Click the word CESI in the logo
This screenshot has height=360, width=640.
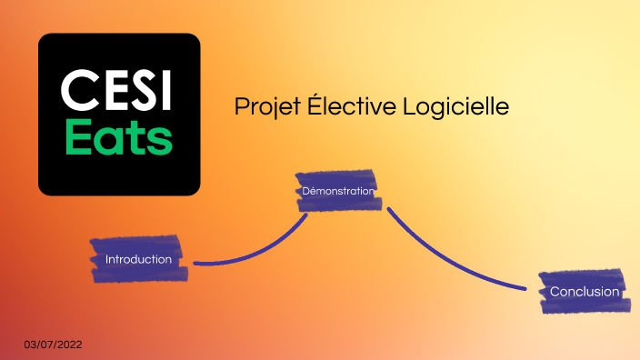pyautogui.click(x=118, y=92)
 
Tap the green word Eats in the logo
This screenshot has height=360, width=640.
pyautogui.click(x=118, y=139)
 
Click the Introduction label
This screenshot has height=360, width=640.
pyautogui.click(x=138, y=260)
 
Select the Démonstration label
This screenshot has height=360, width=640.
pyautogui.click(x=337, y=191)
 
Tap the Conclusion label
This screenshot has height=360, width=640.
pyautogui.click(x=584, y=292)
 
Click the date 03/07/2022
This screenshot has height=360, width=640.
pyautogui.click(x=54, y=345)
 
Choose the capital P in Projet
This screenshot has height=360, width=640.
pyautogui.click(x=241, y=106)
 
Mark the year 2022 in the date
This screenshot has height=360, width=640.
pyautogui.click(x=69, y=345)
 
